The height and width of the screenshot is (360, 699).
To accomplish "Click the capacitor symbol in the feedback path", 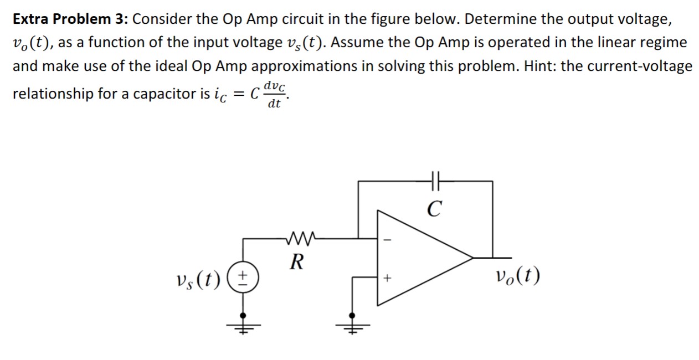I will (435, 181).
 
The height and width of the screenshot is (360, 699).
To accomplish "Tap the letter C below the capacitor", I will (435, 208).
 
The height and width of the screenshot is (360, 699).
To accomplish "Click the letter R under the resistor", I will (297, 261).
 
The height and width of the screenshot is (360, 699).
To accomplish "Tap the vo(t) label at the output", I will (518, 275).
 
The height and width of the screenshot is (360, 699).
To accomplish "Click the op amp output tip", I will (472, 258).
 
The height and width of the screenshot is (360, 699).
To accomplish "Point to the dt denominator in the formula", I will (274, 103).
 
